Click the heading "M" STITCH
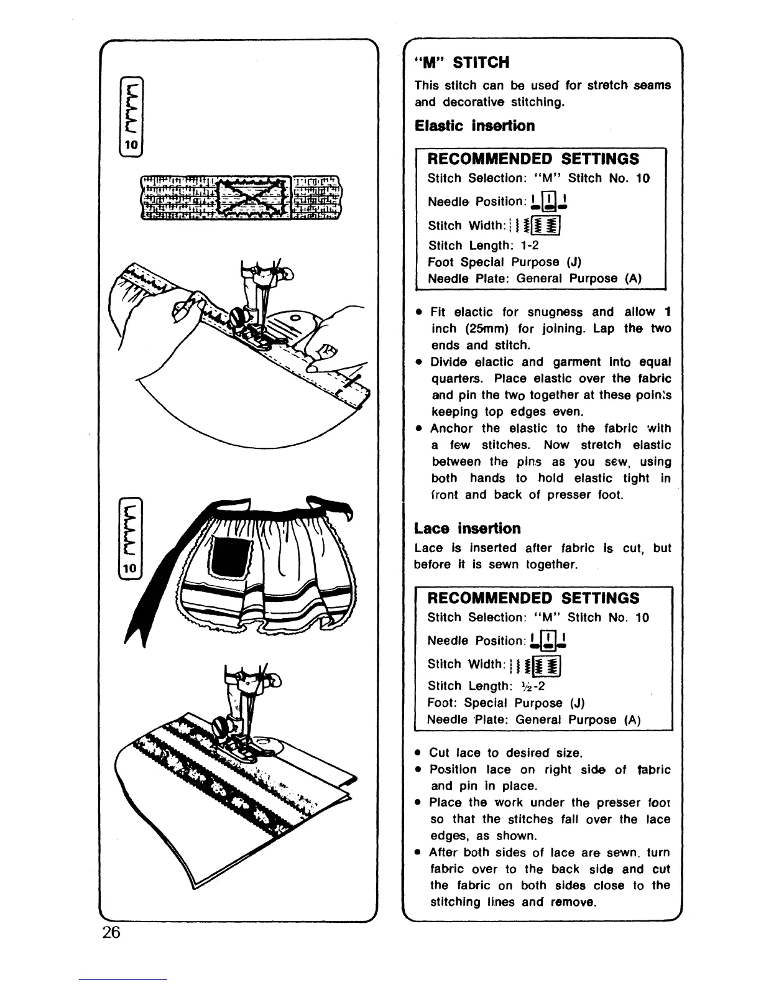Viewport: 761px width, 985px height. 462,62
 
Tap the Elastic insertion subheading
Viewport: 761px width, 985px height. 474,126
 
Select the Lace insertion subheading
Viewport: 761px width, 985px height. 467,529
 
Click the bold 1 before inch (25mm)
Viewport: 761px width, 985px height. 667,312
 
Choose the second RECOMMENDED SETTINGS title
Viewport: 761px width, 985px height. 533,598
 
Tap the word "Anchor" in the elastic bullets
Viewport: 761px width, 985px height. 451,428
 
